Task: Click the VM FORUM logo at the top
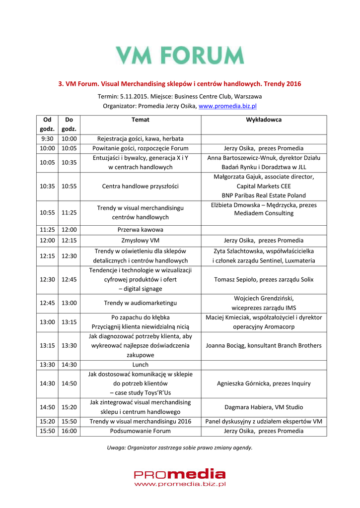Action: click(180, 55)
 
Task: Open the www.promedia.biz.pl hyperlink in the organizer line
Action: click(227, 106)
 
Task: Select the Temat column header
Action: click(141, 120)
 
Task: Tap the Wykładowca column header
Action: click(264, 120)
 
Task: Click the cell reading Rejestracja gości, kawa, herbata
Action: click(141, 139)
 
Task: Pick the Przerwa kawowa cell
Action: click(141, 230)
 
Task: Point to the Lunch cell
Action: click(141, 365)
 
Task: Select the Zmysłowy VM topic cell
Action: click(141, 240)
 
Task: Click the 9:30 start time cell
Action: click(47, 139)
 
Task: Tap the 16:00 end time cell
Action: click(69, 431)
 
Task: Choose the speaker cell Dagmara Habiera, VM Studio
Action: click(264, 407)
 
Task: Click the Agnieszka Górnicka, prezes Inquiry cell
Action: click(264, 383)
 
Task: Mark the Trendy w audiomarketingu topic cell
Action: click(141, 303)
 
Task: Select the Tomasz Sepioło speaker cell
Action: click(264, 279)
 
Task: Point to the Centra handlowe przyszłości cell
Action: click(141, 186)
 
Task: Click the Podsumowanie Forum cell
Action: click(141, 431)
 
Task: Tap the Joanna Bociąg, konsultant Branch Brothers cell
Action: click(264, 345)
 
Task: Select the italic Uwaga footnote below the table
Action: click(180, 447)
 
